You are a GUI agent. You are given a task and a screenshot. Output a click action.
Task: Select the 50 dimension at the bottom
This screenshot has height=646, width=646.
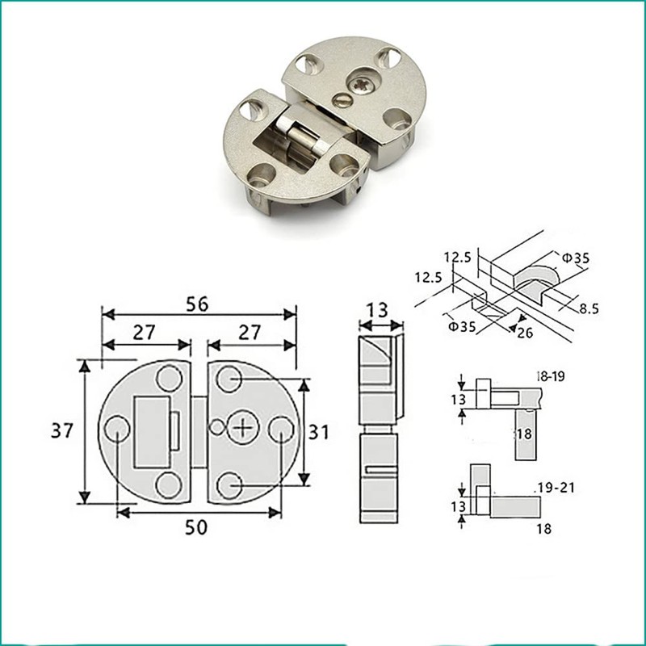coord(196,526)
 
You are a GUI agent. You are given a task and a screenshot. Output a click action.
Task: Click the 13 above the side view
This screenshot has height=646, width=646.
coord(377,309)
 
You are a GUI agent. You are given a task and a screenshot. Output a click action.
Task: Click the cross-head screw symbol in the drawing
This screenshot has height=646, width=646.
coord(242,426)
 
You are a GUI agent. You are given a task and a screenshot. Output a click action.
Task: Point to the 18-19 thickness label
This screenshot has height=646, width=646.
coord(552,376)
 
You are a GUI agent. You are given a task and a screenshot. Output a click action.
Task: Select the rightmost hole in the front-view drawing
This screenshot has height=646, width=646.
coord(279,428)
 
